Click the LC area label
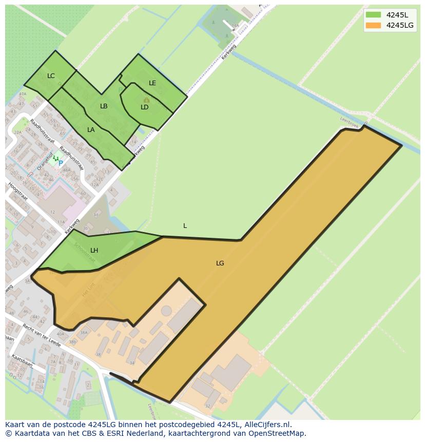[x=51, y=76]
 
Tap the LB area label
[x=104, y=106]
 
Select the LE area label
[x=152, y=83]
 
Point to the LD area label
[x=144, y=107]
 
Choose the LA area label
[x=91, y=130]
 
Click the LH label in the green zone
[x=94, y=251]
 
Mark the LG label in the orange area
[x=220, y=263]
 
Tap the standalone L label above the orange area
[x=185, y=226]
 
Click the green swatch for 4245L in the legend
[x=373, y=15]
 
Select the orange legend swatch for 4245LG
[x=373, y=25]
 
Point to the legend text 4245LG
[x=400, y=25]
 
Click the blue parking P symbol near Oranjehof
[x=61, y=163]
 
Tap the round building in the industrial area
[x=166, y=311]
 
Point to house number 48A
[x=66, y=170]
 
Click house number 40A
[x=61, y=334]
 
